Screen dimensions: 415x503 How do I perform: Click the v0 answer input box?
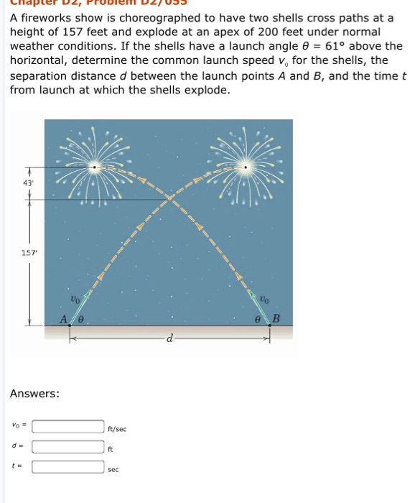click(69, 427)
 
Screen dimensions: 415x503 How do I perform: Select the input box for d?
click(69, 446)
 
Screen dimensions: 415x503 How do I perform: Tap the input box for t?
click(69, 466)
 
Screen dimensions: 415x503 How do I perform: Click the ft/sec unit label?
click(117, 429)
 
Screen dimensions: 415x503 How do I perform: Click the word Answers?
click(34, 394)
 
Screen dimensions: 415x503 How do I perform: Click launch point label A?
click(65, 318)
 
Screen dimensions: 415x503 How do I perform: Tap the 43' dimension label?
click(29, 183)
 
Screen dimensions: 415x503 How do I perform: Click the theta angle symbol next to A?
click(81, 319)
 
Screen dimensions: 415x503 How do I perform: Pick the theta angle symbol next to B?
click(258, 319)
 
